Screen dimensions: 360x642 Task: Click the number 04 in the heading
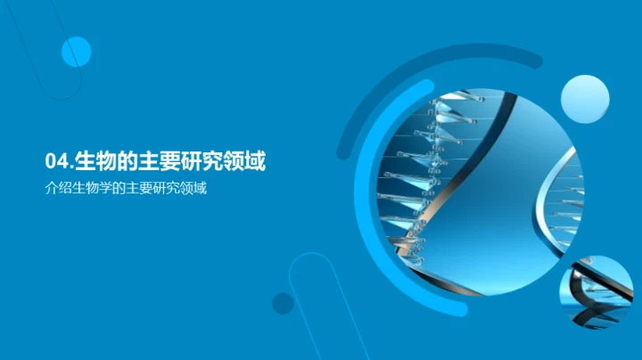pos(56,161)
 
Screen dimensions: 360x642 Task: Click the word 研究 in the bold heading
pos(203,161)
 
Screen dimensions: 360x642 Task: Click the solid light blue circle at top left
pos(77,53)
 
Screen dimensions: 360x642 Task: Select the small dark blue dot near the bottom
pos(283,303)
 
